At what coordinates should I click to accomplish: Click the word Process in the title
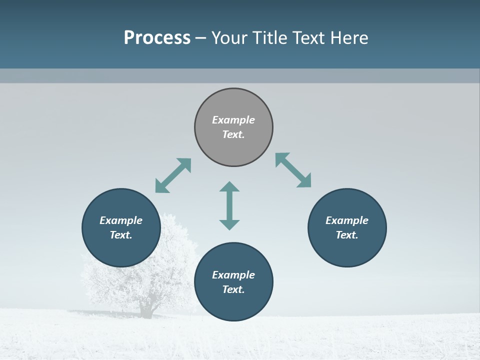point(157,38)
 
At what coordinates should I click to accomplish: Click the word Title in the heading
point(267,38)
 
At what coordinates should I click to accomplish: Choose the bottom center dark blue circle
point(233,305)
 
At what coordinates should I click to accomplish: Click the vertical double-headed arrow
point(229,205)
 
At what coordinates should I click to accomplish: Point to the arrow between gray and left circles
point(173,175)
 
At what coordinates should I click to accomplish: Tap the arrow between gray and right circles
point(293,170)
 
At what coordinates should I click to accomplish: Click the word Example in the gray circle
point(233,120)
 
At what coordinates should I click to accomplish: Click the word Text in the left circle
point(121,235)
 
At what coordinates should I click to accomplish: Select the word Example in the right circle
point(347,220)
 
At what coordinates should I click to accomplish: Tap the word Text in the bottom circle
point(233,289)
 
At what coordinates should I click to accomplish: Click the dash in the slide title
point(200,38)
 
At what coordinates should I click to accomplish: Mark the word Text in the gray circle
point(233,134)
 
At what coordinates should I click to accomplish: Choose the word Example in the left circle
point(121,220)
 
